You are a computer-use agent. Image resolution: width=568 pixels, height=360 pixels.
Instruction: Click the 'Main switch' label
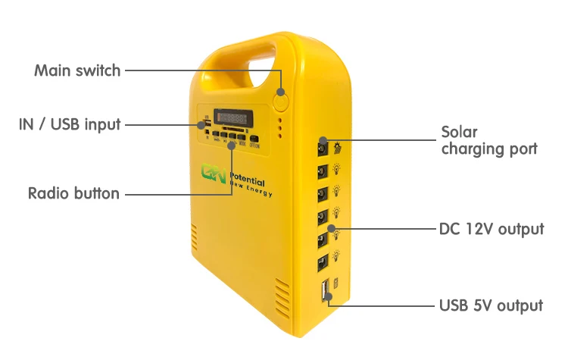(77, 70)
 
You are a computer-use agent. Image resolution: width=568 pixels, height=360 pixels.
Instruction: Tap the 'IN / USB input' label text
(70, 124)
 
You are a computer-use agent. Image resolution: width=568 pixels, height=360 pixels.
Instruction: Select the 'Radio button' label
(73, 193)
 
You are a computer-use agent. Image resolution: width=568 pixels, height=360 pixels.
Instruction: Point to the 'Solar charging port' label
(488, 140)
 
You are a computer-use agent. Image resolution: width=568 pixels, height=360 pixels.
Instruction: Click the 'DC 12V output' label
(492, 228)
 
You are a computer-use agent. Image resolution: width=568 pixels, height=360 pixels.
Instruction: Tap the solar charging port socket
(323, 142)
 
